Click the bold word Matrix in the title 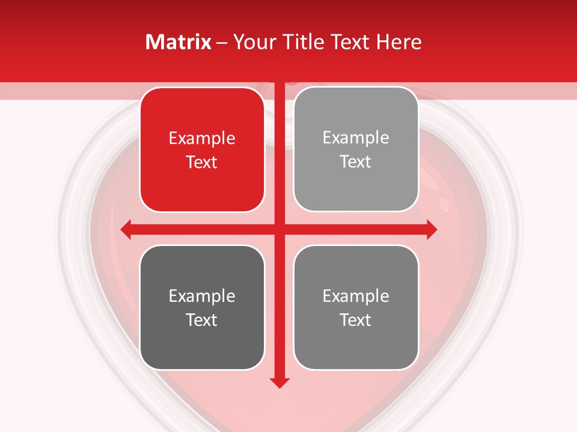(x=179, y=42)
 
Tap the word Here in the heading (x=398, y=42)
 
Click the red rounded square (x=202, y=150)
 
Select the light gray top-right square (x=356, y=149)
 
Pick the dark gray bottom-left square (x=202, y=307)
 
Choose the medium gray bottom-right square (x=356, y=307)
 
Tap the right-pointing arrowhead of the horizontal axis (x=432, y=229)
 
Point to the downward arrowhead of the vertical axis (x=279, y=382)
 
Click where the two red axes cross (x=279, y=229)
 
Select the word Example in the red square (x=202, y=139)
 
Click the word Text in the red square (x=202, y=162)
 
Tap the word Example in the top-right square (x=356, y=138)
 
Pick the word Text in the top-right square (x=356, y=161)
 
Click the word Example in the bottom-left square (x=202, y=296)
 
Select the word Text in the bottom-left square (x=202, y=320)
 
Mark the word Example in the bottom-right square (x=356, y=296)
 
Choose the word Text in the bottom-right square (x=356, y=320)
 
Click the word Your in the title (x=252, y=42)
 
